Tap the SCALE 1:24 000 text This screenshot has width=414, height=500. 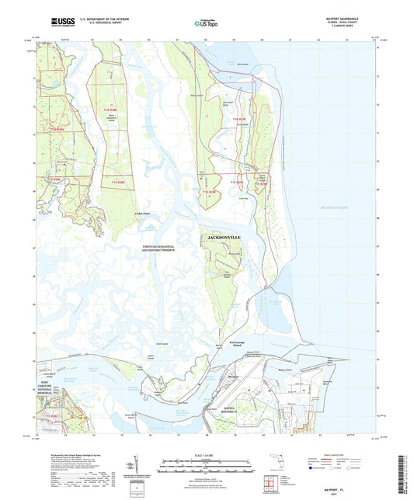207,453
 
